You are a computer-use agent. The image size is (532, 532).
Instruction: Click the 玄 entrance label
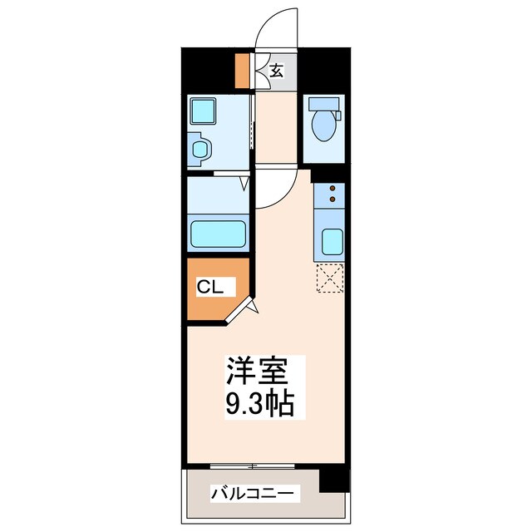(278, 71)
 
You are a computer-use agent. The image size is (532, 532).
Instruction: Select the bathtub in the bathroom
(219, 234)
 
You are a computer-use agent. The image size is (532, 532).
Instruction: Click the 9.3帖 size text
(258, 404)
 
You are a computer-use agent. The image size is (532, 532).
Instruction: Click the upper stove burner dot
(332, 190)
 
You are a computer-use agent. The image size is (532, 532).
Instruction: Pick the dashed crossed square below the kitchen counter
(330, 278)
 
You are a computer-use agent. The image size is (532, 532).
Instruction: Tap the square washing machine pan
(203, 111)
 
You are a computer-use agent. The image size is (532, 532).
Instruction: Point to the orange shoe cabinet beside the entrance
(242, 71)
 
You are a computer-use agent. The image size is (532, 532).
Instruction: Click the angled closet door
(243, 311)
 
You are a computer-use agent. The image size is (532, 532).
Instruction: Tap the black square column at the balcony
(332, 478)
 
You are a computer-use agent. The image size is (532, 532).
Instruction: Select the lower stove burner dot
(332, 199)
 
